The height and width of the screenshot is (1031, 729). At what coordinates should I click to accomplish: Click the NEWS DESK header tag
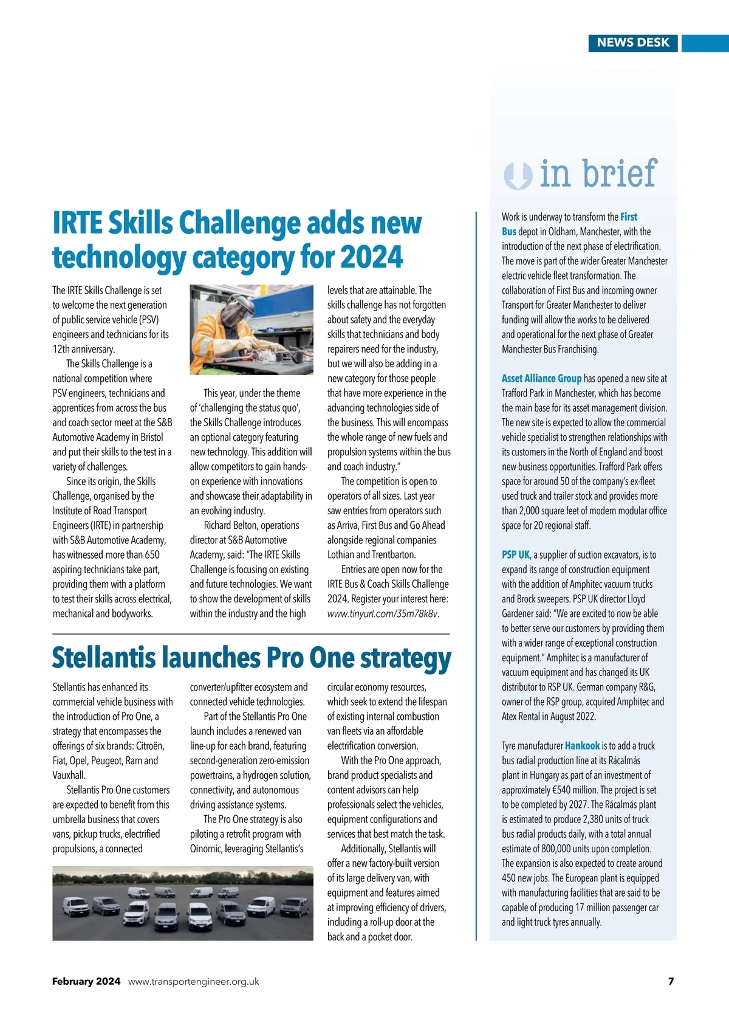pos(632,43)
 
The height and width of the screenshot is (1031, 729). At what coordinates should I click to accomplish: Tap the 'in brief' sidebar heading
pos(598,174)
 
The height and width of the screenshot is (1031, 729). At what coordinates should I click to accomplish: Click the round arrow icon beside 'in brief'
pos(518,176)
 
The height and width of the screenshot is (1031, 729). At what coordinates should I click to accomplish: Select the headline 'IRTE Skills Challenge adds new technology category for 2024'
pos(236,240)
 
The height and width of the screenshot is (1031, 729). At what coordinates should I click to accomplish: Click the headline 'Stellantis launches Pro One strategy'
pos(251,658)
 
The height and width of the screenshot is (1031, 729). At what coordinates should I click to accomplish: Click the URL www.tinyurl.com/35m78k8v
pos(382,613)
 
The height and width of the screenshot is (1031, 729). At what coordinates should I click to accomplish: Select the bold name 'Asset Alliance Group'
pos(541,379)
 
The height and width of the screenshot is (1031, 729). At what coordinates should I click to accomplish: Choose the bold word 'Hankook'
pos(582,746)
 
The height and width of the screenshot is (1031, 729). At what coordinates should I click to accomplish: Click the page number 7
pos(671,981)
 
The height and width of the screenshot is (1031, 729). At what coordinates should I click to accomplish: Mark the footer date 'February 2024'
pos(86,981)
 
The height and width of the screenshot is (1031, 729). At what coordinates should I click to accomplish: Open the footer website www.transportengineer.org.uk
pos(194,981)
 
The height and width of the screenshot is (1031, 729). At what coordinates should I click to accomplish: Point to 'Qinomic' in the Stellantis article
pos(206,849)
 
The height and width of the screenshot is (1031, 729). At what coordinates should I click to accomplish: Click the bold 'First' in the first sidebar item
pos(629,217)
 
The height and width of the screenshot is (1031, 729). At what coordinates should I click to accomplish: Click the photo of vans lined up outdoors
pos(182,903)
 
